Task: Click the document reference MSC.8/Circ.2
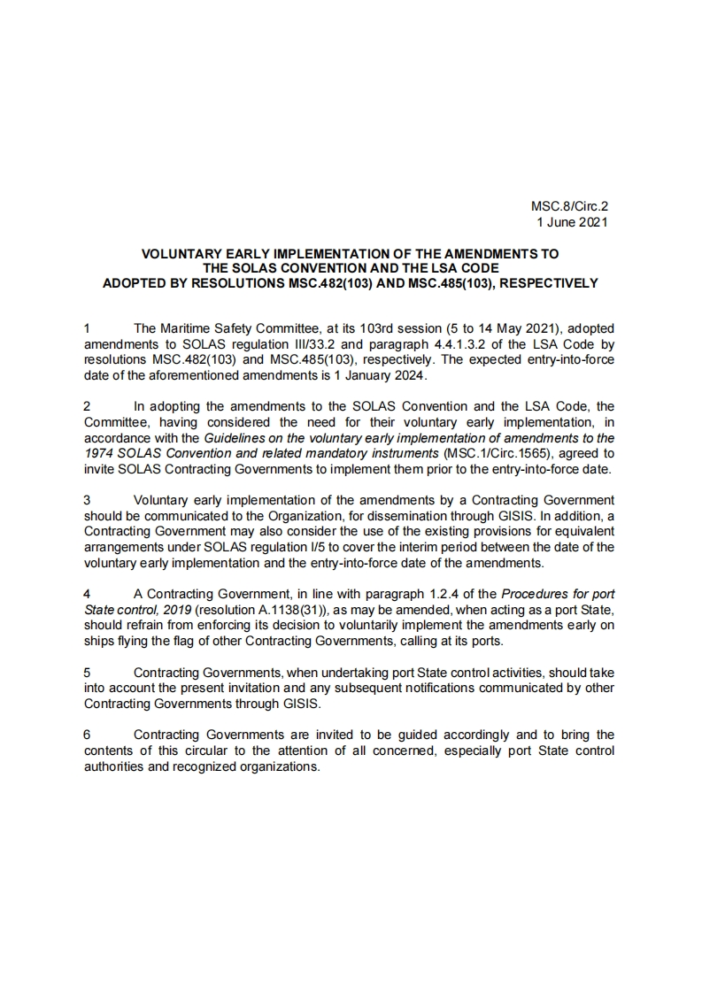click(569, 208)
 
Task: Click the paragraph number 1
click(87, 327)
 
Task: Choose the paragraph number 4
click(87, 593)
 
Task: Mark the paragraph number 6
click(87, 735)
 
